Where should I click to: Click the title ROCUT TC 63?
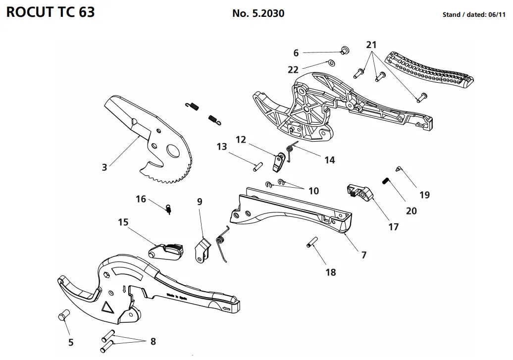coord(50,12)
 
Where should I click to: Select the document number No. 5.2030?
coord(258,13)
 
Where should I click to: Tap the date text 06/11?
coord(496,15)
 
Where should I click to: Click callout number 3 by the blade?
coord(104,167)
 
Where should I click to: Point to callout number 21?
coord(371,45)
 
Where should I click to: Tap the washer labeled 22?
coord(331,63)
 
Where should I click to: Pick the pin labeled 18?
coord(311,245)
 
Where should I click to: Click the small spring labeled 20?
coord(386,181)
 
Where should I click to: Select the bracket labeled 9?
coord(202,250)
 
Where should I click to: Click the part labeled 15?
coord(164,251)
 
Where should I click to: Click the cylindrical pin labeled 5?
coord(64,315)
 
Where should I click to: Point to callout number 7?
coord(364,255)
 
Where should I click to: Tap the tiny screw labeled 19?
coord(399,169)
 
